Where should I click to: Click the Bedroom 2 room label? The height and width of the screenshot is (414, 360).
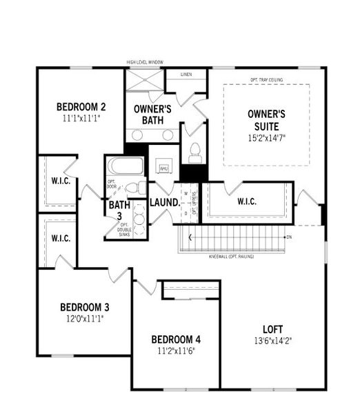click(81, 107)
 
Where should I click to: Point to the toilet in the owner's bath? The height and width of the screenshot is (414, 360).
click(194, 150)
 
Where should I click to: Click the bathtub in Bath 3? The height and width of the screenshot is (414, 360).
click(126, 167)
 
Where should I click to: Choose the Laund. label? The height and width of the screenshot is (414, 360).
click(164, 203)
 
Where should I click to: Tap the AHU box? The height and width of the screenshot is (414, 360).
click(163, 168)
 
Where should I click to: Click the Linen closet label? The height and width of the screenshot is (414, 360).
click(186, 74)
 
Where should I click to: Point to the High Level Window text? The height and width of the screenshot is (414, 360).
click(145, 63)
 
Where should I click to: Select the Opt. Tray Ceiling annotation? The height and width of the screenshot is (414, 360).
click(267, 79)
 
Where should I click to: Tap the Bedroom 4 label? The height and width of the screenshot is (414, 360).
click(176, 339)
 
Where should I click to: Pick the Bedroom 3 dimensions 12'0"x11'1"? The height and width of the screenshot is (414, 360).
click(84, 319)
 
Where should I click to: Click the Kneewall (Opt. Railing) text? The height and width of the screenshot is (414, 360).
click(232, 257)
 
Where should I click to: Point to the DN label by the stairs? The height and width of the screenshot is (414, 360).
click(288, 237)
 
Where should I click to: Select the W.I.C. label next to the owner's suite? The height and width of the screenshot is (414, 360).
click(246, 201)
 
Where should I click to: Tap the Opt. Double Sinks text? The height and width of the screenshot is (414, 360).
click(124, 230)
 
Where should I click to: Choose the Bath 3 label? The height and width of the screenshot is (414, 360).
click(119, 210)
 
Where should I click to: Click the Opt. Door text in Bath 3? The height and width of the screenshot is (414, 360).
click(112, 186)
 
